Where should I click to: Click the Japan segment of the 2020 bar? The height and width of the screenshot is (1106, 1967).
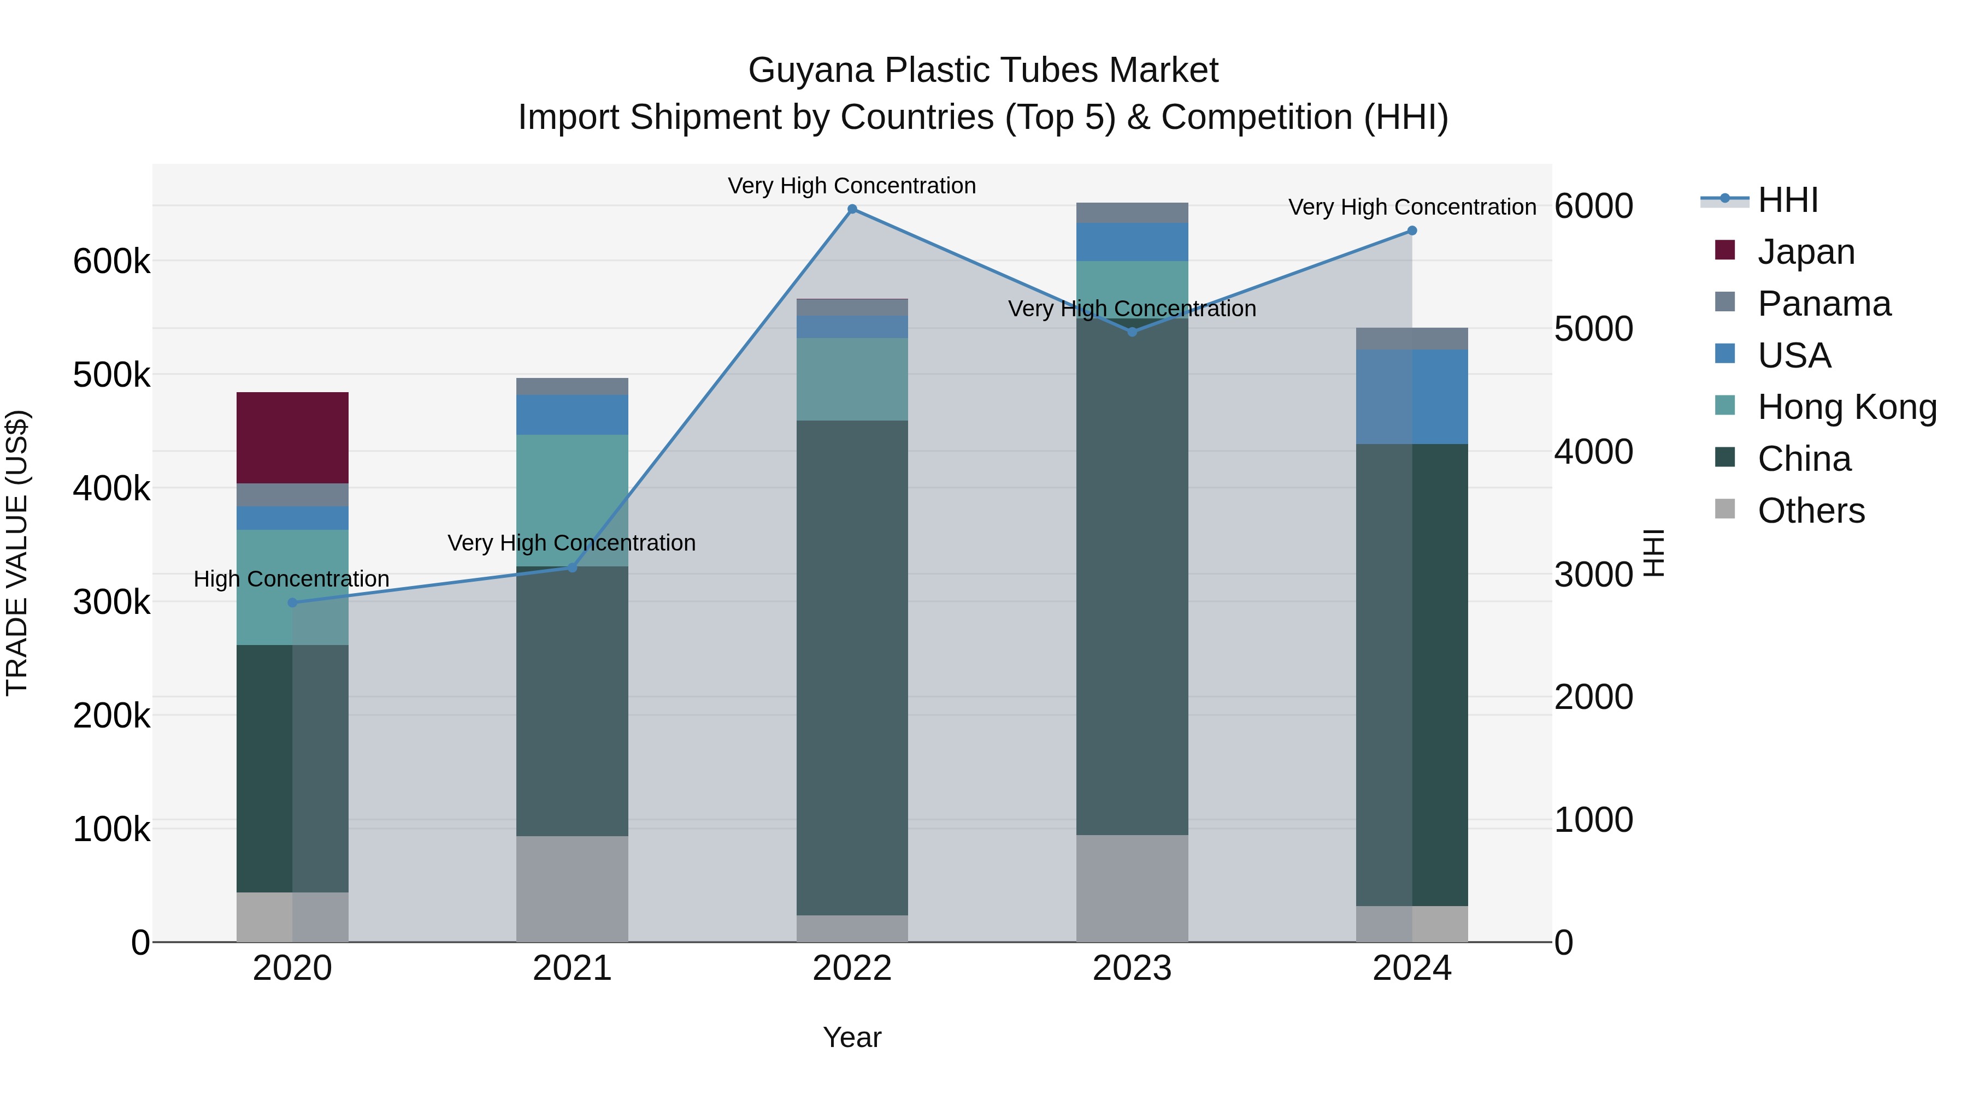(292, 437)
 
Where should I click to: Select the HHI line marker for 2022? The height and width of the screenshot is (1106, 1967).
(852, 209)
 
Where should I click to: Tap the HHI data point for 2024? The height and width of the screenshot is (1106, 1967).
(1412, 230)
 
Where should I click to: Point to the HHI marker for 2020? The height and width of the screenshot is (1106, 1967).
(292, 603)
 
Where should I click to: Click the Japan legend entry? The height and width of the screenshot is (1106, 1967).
(1805, 252)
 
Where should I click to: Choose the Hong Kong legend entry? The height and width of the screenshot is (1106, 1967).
(1846, 407)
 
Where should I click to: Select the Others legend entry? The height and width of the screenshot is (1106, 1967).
(1811, 511)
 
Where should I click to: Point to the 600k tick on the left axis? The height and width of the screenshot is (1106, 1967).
(111, 262)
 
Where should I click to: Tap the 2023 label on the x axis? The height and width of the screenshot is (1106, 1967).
(1132, 968)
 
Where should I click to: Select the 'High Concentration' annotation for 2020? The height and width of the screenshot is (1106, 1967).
(292, 578)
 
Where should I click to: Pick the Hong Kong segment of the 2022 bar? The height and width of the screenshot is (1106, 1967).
(852, 378)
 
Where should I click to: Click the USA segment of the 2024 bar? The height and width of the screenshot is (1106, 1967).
(1412, 397)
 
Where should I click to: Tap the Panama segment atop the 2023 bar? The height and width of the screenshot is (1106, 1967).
(1132, 213)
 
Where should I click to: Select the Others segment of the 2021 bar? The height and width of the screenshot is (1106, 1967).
(572, 889)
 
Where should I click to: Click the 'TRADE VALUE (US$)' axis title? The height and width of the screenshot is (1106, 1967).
(17, 553)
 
